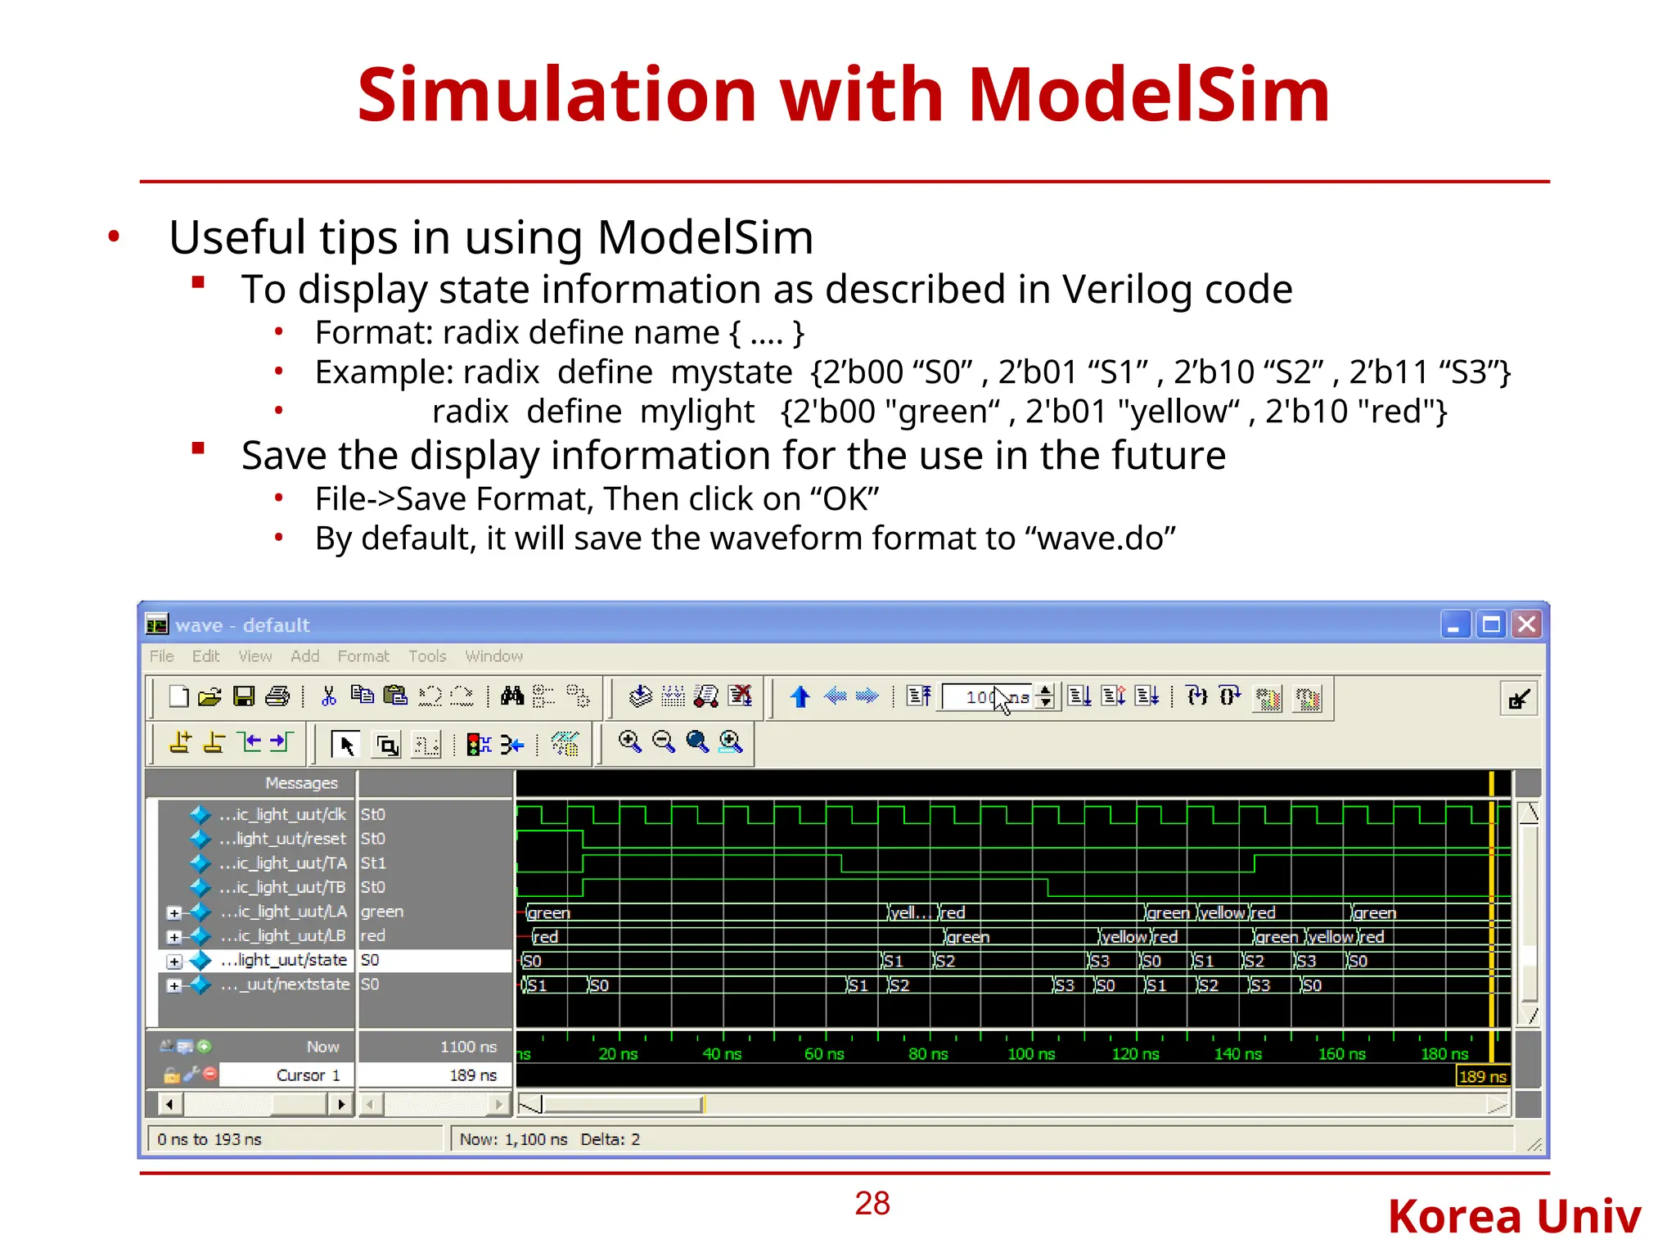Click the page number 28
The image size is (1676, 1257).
pos(872,1203)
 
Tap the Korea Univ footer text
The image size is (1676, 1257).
pos(1514,1216)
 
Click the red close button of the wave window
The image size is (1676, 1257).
pos(1526,625)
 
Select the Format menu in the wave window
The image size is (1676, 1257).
pos(363,656)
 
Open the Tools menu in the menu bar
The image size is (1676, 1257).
pos(427,656)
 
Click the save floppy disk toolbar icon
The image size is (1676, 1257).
pos(244,696)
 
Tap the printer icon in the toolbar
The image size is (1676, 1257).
pos(278,696)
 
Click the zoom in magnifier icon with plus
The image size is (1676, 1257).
pos(629,742)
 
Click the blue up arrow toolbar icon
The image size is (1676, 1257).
pos(800,696)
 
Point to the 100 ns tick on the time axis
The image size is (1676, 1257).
pos(1031,1054)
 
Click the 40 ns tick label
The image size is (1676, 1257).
pos(722,1054)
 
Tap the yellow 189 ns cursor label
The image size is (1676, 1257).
pos(1482,1077)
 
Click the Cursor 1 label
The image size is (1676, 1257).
pos(308,1075)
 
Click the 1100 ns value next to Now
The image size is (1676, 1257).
pos(468,1047)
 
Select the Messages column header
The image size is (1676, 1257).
pos(301,783)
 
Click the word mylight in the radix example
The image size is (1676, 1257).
pos(697,412)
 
